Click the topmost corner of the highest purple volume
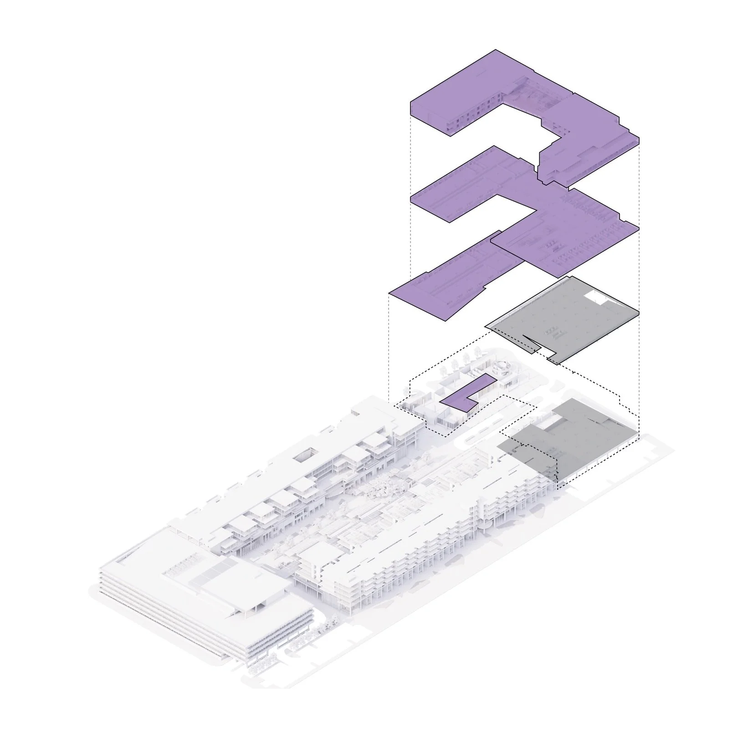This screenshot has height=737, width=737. click(496, 50)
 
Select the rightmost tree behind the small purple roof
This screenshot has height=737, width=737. click(477, 352)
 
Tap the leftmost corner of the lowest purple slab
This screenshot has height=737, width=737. click(390, 293)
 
